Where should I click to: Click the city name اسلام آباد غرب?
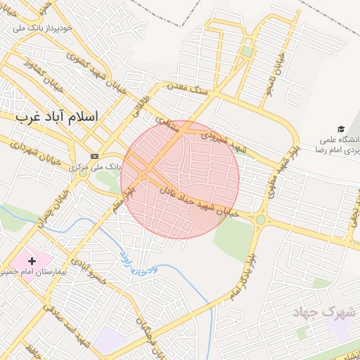67,117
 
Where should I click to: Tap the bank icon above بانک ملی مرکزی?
94,155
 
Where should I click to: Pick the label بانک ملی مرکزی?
96,167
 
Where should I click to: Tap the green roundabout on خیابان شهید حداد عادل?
261,219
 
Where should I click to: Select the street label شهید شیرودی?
224,141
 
